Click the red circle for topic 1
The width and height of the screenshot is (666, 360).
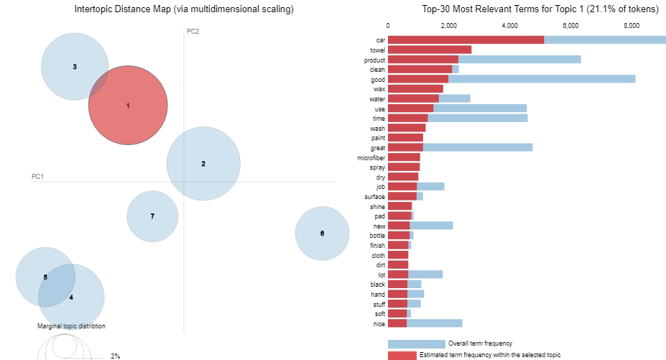pos(128,105)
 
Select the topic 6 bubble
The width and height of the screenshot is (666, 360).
pos(322,234)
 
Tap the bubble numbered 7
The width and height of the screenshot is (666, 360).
pos(152,216)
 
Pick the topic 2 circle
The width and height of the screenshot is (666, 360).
pos(203,164)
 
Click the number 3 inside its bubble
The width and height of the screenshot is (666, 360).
pos(75,67)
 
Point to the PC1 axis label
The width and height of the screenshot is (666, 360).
pos(38,176)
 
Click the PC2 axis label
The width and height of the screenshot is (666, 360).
pos(193,32)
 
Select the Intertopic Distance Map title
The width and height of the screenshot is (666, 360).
pos(174,9)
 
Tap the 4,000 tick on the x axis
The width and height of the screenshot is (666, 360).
pos(509,25)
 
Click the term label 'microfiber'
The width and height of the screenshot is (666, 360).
pos(371,157)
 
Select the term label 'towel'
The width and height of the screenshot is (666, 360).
pos(377,50)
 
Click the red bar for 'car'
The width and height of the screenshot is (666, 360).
pos(466,40)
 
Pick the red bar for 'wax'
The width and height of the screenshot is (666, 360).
pos(415,89)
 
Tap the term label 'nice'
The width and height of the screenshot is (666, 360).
pos(379,323)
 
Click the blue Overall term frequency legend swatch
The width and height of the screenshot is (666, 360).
pos(416,344)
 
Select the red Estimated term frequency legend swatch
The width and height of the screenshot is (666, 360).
pos(416,355)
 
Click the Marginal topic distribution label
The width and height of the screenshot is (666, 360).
pos(71,326)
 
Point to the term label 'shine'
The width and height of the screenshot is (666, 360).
pos(376,206)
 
